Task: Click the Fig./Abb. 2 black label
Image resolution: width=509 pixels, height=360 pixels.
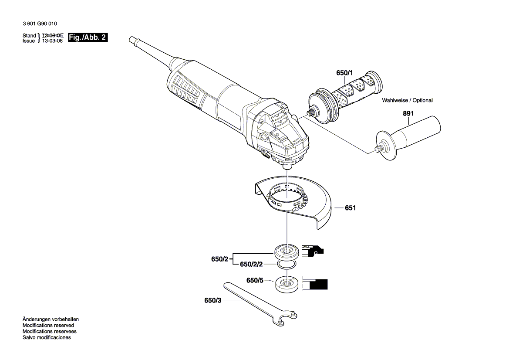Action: pos(88,37)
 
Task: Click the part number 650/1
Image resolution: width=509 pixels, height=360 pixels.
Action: pos(344,74)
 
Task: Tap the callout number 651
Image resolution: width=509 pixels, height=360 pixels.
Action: pos(350,208)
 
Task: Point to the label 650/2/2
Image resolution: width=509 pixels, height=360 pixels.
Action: pos(251,265)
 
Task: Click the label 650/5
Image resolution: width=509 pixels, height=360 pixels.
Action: pos(255,281)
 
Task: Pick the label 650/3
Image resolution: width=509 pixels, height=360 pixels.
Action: pos(212,300)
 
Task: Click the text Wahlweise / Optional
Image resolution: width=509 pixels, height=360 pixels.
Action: pos(407,100)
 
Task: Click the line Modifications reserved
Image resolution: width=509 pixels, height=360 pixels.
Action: pos(48,325)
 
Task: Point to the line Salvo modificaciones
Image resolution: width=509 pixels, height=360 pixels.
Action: pos(47,337)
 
